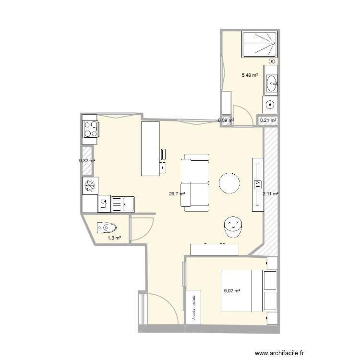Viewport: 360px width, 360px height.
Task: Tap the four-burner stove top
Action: click(91, 128)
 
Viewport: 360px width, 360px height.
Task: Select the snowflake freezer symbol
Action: click(90, 185)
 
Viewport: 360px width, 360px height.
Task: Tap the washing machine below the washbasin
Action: click(270, 104)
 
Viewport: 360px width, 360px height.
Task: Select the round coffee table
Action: click(229, 182)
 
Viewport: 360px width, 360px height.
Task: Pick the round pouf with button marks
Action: click(234, 227)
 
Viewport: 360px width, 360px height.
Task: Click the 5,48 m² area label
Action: click(250, 75)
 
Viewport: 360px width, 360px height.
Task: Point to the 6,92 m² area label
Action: click(231, 290)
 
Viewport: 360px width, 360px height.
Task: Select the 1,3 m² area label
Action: click(114, 238)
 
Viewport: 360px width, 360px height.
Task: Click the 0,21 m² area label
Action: click(268, 120)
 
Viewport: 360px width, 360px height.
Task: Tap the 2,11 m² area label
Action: click(271, 194)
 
